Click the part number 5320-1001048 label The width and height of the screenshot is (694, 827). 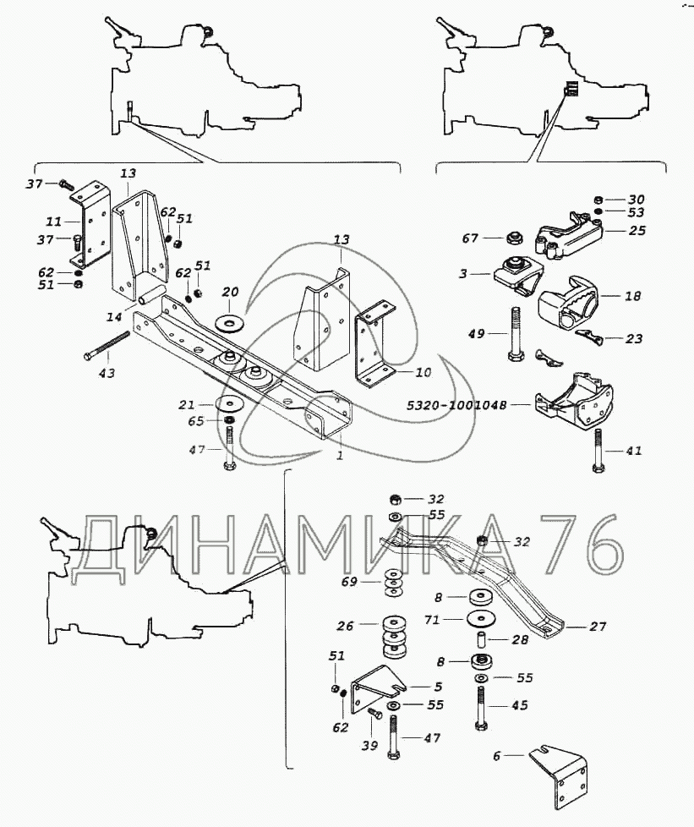456,405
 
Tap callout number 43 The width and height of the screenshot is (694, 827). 107,373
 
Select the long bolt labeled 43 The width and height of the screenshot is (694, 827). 107,346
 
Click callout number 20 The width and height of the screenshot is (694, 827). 231,292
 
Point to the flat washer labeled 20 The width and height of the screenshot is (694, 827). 229,321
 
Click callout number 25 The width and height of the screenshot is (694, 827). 637,231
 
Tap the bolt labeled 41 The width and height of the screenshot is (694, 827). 598,451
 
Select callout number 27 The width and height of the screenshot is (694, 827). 598,627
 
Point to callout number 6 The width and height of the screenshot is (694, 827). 496,756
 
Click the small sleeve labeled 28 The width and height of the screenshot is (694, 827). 482,640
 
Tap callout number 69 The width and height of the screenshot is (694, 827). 349,582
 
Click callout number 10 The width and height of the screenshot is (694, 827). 423,372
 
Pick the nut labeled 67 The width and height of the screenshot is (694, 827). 513,238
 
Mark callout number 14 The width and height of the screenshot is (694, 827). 114,317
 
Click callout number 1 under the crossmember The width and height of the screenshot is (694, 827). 340,455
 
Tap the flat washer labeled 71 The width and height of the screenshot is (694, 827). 481,617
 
